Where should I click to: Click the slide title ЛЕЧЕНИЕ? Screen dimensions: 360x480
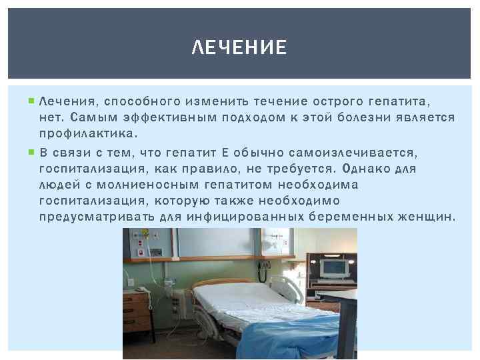click(x=239, y=48)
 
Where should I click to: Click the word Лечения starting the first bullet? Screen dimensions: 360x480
click(x=67, y=101)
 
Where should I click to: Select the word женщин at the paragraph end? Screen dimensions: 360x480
click(x=425, y=217)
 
